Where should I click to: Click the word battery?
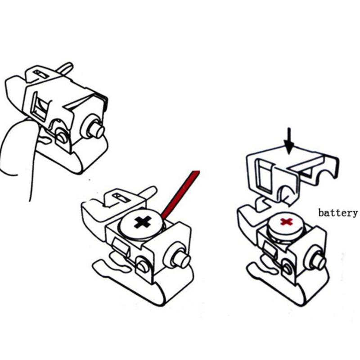[x=338, y=213]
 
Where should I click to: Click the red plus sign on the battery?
[x=287, y=222]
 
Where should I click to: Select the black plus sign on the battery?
[x=142, y=222]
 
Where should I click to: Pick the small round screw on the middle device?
[x=143, y=266]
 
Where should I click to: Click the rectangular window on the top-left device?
[x=40, y=106]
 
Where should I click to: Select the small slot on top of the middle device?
[x=121, y=198]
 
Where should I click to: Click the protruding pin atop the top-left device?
[x=65, y=68]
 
